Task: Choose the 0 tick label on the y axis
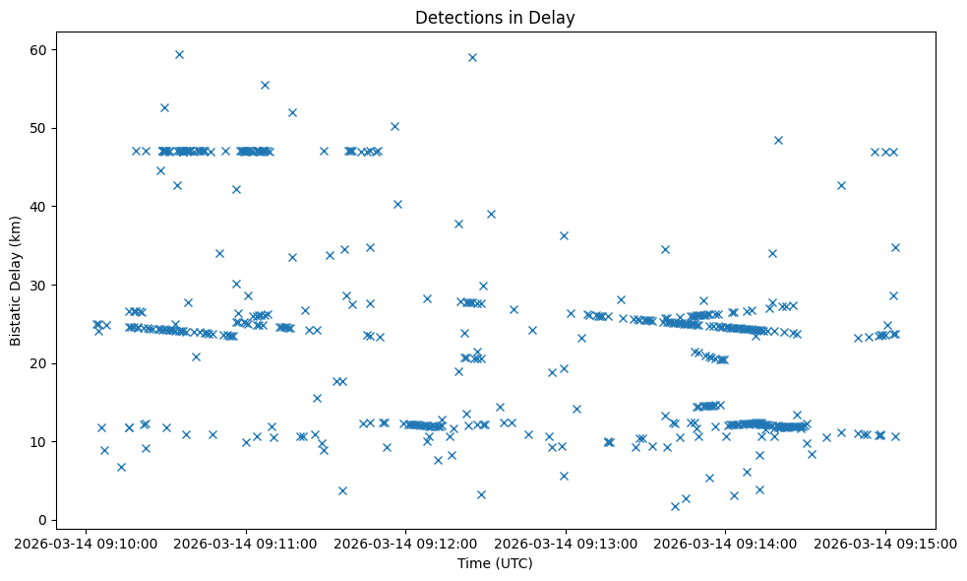(x=42, y=520)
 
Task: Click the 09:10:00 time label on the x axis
(x=86, y=542)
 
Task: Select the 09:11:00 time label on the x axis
(x=246, y=542)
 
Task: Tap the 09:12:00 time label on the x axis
(x=405, y=542)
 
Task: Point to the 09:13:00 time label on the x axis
(x=566, y=542)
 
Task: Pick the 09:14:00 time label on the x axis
(x=725, y=542)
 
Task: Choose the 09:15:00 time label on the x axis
(x=885, y=542)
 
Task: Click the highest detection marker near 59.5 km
(x=179, y=54)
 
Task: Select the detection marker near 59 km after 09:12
(x=472, y=57)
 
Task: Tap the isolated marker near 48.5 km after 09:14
(x=778, y=140)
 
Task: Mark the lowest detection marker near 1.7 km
(x=675, y=506)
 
